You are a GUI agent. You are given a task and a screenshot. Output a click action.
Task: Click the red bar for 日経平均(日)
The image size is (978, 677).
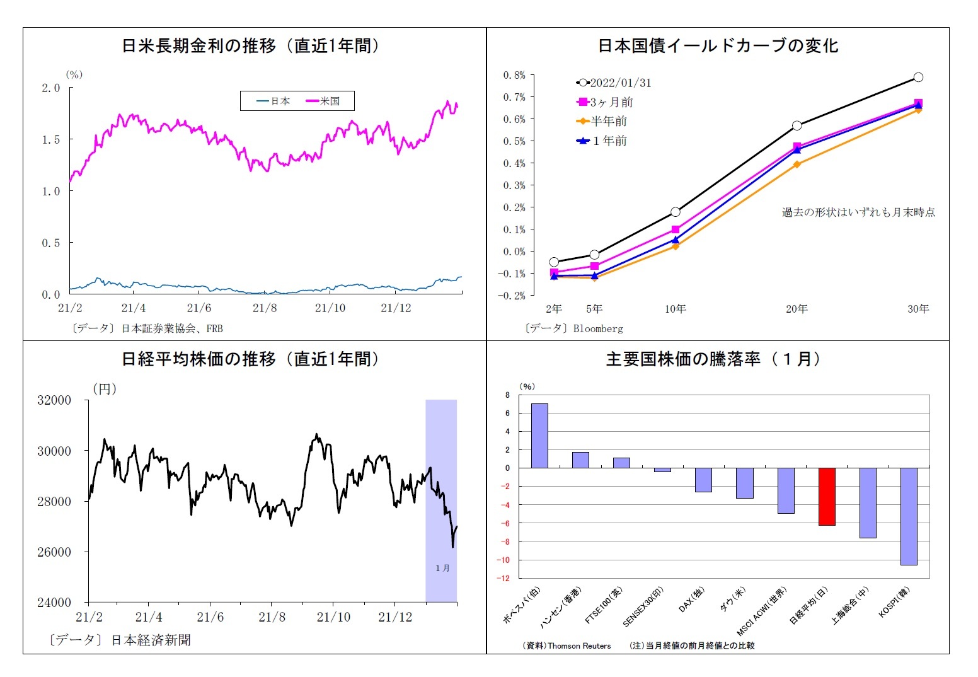[x=827, y=496]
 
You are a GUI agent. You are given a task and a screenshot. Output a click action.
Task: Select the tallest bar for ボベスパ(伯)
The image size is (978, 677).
[x=539, y=436]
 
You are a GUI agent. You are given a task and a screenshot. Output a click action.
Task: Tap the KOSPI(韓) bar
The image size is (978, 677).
[x=909, y=516]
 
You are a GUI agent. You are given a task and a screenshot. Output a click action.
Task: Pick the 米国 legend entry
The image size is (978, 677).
[x=323, y=101]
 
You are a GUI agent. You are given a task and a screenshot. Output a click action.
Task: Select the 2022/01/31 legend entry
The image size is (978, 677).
[x=614, y=83]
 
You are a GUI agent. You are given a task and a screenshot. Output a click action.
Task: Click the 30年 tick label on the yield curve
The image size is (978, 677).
[x=918, y=308]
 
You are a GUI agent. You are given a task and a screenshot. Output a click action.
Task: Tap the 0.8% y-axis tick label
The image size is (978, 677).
[x=514, y=75]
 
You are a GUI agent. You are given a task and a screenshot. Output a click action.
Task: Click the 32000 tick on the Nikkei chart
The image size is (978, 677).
[x=54, y=400]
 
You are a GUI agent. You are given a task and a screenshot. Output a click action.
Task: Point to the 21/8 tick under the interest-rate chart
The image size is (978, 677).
[x=265, y=308]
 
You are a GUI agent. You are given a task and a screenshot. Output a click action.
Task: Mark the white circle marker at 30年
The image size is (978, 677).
[x=918, y=77]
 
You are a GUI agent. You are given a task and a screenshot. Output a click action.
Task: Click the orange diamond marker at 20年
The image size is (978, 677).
[x=797, y=165]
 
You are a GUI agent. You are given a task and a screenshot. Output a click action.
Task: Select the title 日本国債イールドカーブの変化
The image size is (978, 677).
[x=718, y=45]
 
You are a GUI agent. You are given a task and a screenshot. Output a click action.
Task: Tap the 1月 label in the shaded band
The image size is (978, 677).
[x=442, y=568]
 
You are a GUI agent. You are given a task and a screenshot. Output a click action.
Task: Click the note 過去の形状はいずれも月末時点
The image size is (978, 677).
[x=858, y=212]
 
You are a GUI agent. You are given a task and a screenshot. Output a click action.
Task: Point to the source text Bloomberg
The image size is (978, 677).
[x=597, y=328]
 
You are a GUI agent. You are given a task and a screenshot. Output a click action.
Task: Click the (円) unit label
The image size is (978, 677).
[x=105, y=389]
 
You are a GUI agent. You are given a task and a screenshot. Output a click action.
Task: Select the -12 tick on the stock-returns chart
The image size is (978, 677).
[x=505, y=578]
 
